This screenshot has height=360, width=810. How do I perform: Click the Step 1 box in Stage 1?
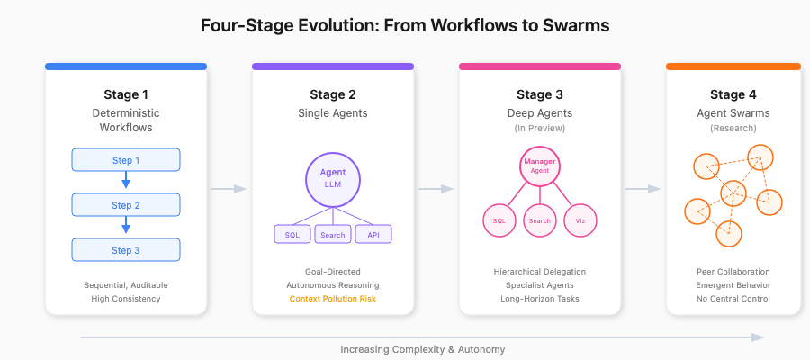(x=126, y=160)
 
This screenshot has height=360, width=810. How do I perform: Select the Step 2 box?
(x=126, y=205)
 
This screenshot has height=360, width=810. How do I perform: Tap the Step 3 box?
(x=126, y=250)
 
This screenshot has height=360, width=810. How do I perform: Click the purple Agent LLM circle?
(x=333, y=177)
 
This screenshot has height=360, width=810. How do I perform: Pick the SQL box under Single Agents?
(x=292, y=235)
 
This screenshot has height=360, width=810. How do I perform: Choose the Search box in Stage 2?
(x=333, y=235)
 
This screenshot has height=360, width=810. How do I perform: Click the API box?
(x=373, y=235)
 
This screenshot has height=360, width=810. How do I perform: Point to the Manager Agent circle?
(x=540, y=166)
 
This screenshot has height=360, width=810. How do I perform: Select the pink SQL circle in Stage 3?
(x=499, y=220)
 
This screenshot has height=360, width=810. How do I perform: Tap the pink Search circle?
(x=540, y=220)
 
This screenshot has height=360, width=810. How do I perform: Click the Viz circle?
(x=580, y=220)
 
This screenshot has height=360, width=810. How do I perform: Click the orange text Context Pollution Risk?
(x=333, y=299)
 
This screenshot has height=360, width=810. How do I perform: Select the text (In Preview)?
(x=540, y=129)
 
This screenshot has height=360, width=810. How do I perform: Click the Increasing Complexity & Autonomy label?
(x=422, y=349)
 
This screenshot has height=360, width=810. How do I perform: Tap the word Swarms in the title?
(x=575, y=25)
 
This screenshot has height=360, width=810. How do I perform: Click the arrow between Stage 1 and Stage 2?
(x=229, y=189)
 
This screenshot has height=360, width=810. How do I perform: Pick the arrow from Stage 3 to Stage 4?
(x=643, y=189)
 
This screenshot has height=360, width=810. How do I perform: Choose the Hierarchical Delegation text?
(x=540, y=271)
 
